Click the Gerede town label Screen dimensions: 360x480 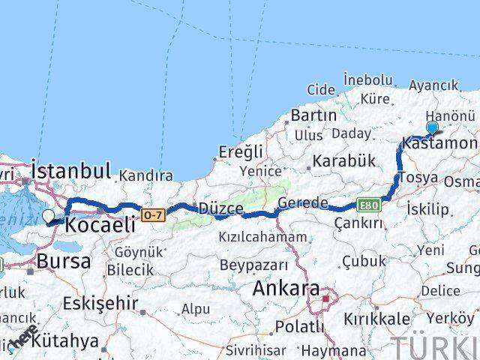(x=302, y=202)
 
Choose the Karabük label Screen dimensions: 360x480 (x=343, y=160)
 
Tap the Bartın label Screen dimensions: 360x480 (x=313, y=115)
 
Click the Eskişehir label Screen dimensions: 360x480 (x=100, y=303)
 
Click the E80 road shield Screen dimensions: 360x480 (x=368, y=203)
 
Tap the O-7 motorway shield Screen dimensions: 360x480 (x=151, y=215)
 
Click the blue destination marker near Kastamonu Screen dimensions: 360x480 (x=432, y=129)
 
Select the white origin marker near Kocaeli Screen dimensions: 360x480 (x=49, y=216)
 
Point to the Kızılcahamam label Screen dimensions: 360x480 (x=252, y=237)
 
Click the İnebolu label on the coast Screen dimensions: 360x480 (x=367, y=79)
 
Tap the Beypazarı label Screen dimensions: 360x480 (x=253, y=265)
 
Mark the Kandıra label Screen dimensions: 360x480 (x=145, y=175)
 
